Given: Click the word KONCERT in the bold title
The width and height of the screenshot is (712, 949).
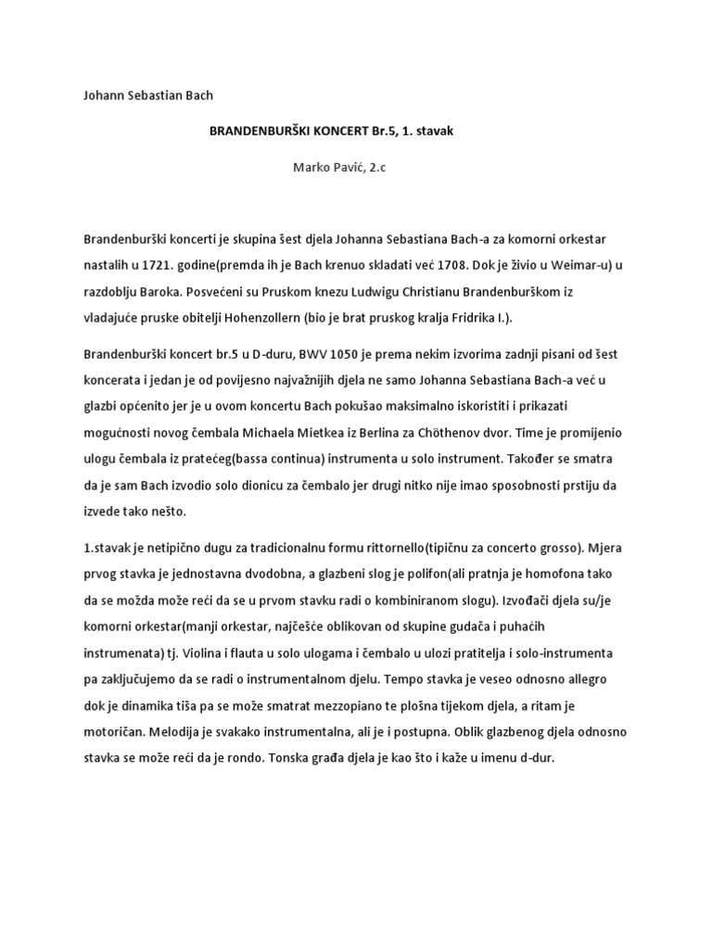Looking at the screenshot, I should click(329, 132).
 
